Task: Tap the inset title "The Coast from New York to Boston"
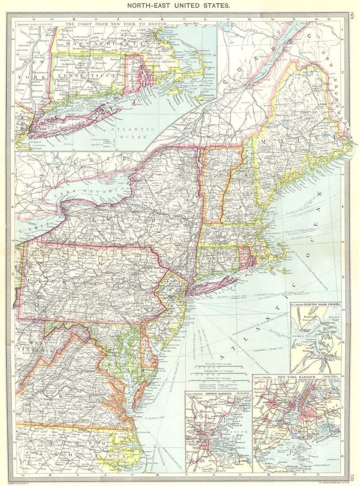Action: click(117, 23)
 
